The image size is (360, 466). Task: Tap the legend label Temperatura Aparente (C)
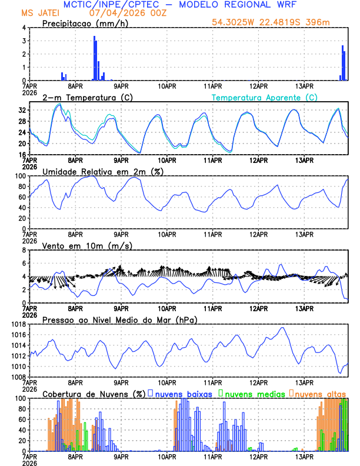coord(265,97)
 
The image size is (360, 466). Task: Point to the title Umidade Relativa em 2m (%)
coord(102,171)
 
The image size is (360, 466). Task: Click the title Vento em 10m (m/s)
coord(87,245)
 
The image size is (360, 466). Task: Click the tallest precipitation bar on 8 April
coord(94,58)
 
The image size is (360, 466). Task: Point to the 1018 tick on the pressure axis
coord(19,324)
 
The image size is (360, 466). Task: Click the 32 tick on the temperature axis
coord(22,110)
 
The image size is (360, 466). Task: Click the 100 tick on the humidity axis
coord(19,176)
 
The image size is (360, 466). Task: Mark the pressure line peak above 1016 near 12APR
coord(283,328)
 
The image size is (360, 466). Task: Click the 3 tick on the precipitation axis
coord(24,41)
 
